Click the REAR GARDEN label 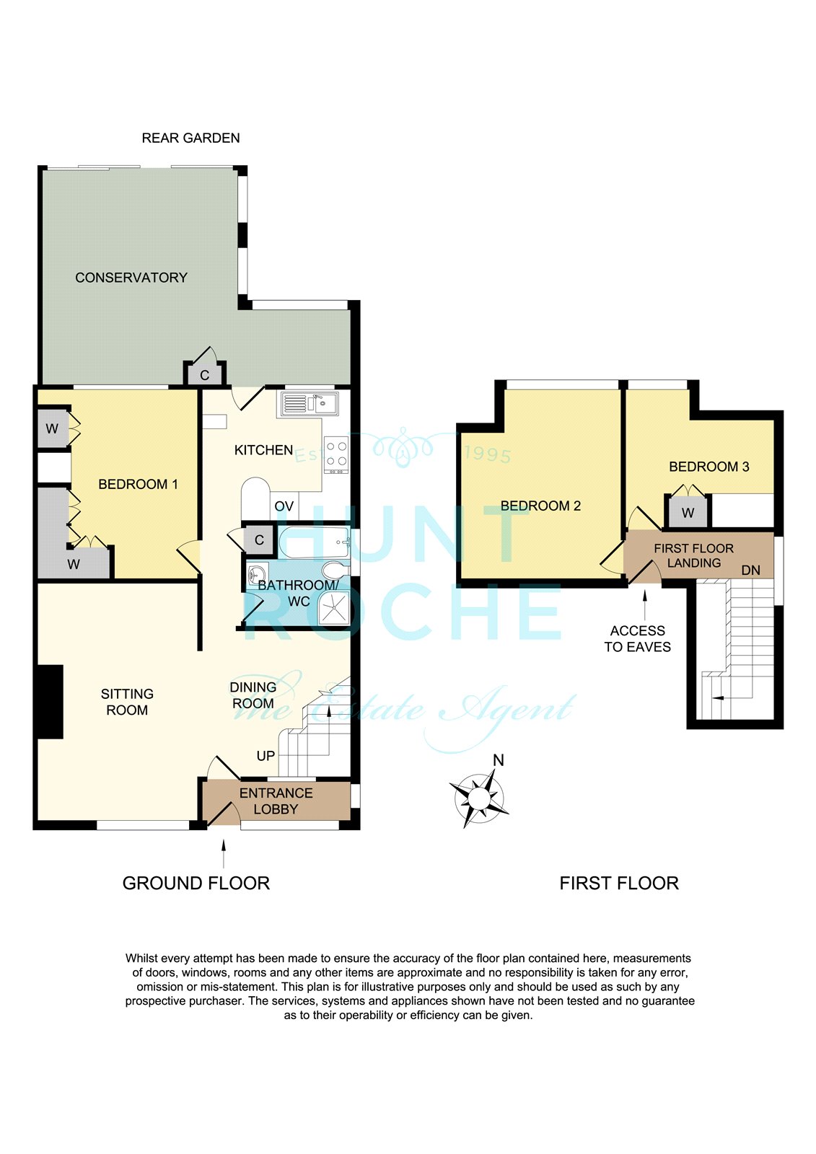pos(190,138)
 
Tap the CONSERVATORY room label pos(131,278)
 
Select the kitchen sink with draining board pos(308,404)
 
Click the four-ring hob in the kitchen pos(336,455)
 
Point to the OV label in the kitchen pos(284,506)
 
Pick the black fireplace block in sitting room pos(50,702)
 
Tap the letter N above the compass pos(498,760)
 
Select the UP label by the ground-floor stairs pos(266,756)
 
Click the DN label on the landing pos(750,571)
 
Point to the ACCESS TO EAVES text pos(638,639)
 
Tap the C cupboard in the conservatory pos(205,374)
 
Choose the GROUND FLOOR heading pos(196,884)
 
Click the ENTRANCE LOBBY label pos(276,801)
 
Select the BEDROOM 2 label pos(540,506)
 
